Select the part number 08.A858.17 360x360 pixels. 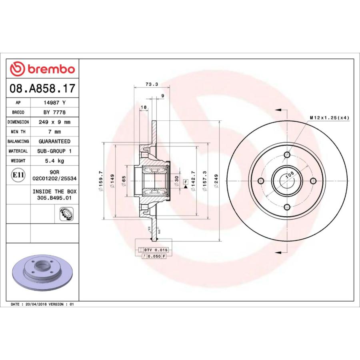click(x=42, y=88)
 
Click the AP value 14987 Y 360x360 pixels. click(x=54, y=103)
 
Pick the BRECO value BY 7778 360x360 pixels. click(x=54, y=112)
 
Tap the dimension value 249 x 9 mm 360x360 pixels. click(x=54, y=122)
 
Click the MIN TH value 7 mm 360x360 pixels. click(x=54, y=132)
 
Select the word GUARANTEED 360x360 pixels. click(x=54, y=141)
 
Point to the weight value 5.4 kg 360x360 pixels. click(x=54, y=161)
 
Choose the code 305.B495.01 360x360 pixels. click(x=54, y=198)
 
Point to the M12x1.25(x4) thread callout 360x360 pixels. click(x=329, y=118)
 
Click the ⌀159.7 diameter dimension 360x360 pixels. click(x=100, y=181)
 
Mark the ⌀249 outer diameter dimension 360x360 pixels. click(x=216, y=181)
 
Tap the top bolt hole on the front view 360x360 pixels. click(x=287, y=155)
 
